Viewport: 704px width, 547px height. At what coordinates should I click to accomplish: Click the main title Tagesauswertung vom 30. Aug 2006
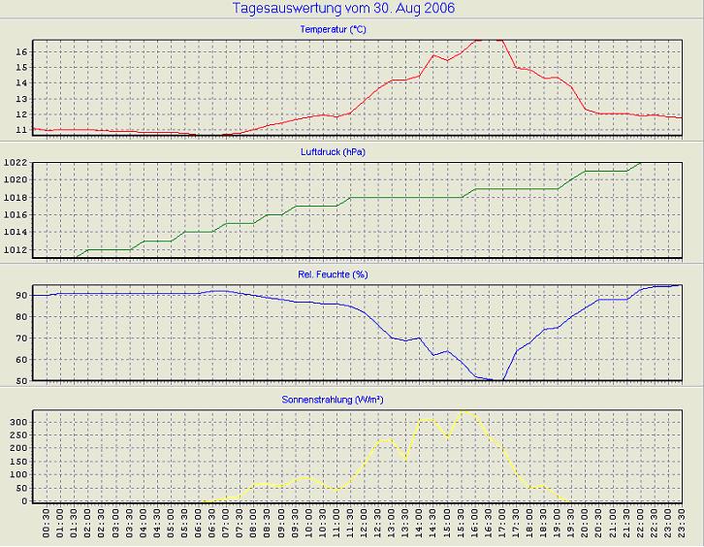point(344,8)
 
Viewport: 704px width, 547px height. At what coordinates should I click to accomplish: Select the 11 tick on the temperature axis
point(21,129)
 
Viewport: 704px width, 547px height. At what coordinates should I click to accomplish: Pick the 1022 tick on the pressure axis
point(16,162)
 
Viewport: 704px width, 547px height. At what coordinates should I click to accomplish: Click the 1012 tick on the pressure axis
point(16,250)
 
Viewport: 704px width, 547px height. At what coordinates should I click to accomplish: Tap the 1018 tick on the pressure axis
point(16,198)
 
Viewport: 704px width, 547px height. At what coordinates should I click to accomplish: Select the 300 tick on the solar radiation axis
point(18,423)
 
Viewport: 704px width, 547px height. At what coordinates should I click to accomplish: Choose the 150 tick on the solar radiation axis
point(18,462)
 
